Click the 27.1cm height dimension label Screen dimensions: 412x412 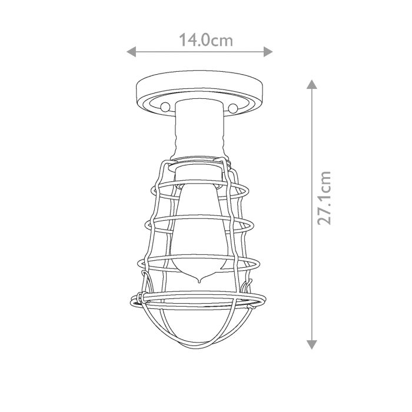click(x=324, y=198)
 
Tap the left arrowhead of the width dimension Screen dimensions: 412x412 click(x=132, y=52)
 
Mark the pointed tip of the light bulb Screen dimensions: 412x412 click(x=200, y=281)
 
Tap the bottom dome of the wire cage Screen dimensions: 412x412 click(x=200, y=335)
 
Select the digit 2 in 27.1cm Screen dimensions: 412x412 click(x=324, y=218)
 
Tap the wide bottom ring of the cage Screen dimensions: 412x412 click(x=200, y=303)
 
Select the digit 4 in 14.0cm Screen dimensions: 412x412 click(x=191, y=41)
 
